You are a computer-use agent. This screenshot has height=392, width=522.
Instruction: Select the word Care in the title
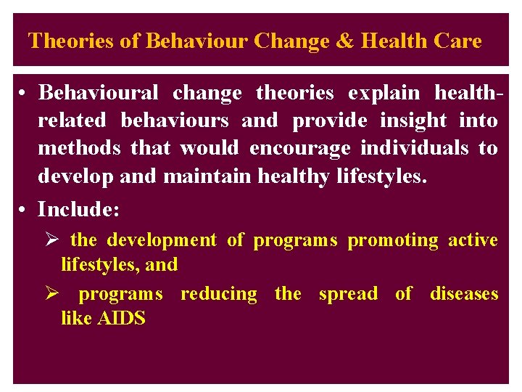coord(457,41)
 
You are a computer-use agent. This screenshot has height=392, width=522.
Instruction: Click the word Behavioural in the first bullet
coord(98,93)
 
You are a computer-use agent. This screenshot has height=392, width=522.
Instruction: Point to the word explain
coord(384,93)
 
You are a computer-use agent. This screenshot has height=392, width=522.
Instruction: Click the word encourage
coord(299,148)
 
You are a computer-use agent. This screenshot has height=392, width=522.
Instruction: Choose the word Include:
coord(79,210)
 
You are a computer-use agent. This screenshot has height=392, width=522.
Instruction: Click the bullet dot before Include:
coord(24,211)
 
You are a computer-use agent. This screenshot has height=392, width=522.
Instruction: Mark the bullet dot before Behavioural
coord(24,94)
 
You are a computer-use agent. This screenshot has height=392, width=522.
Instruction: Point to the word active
coord(473,240)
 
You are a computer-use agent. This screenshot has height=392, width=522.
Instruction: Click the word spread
coord(348,294)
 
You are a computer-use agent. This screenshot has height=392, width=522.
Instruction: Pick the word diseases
coord(464,294)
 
